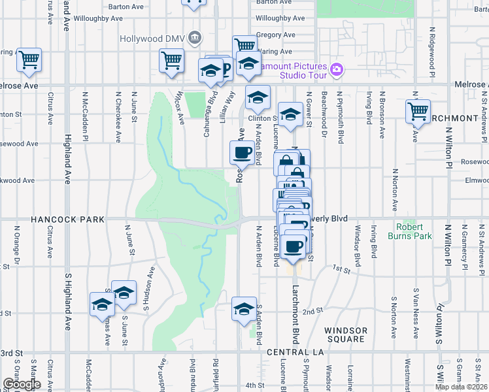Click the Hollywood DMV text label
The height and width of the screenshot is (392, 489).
click(152, 39)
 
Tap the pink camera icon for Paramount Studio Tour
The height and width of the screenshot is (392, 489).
click(337, 69)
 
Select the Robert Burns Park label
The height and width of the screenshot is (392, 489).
click(409, 231)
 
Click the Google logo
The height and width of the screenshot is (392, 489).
click(21, 384)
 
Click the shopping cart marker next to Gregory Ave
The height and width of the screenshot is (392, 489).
click(244, 45)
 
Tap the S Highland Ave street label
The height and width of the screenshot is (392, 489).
click(67, 301)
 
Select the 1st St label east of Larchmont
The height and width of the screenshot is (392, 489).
click(341, 269)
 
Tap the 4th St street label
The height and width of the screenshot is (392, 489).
click(255, 385)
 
